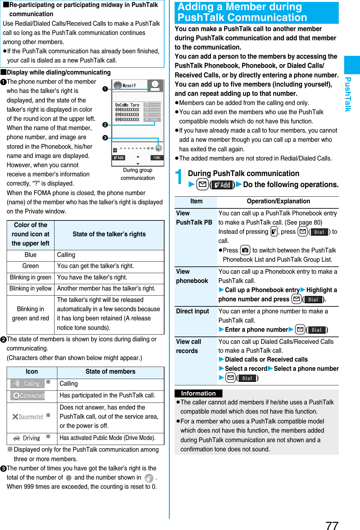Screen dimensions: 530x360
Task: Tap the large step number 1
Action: click(x=179, y=177)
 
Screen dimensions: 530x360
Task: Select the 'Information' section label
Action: click(x=198, y=393)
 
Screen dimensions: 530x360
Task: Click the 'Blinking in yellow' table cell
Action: click(x=30, y=289)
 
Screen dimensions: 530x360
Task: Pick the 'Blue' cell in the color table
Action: click(x=30, y=255)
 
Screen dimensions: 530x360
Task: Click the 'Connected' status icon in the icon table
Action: click(x=28, y=396)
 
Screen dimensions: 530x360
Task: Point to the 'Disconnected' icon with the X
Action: click(x=28, y=417)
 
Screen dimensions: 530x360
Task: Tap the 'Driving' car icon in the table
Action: click(x=27, y=438)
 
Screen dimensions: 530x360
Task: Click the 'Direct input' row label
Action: click(x=192, y=311)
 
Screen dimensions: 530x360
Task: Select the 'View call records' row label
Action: click(x=189, y=346)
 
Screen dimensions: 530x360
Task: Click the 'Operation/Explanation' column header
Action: click(x=278, y=201)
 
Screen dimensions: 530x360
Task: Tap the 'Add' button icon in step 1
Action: click(x=222, y=185)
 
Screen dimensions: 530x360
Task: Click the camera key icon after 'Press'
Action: click(x=245, y=251)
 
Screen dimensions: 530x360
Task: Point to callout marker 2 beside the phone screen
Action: click(x=105, y=125)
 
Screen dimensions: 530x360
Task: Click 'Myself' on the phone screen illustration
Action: click(x=129, y=86)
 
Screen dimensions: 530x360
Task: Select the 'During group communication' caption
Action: click(x=138, y=174)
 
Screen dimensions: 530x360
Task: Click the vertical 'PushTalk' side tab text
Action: click(x=348, y=94)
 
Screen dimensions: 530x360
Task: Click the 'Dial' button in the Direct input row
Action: click(x=316, y=330)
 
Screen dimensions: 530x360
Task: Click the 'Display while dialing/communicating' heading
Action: click(x=59, y=73)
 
